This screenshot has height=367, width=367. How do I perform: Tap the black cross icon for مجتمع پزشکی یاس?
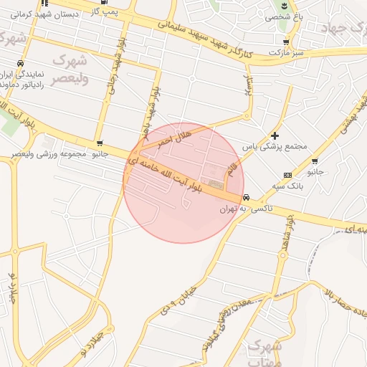(x=275, y=135)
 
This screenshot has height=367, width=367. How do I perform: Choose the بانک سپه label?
(x=285, y=186)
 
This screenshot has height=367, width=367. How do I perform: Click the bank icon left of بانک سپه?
(x=287, y=175)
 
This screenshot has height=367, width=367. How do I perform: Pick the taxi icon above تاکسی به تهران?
(x=247, y=198)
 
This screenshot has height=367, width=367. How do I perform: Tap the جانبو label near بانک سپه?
(x=315, y=173)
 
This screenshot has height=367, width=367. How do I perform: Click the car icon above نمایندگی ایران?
(x=24, y=64)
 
